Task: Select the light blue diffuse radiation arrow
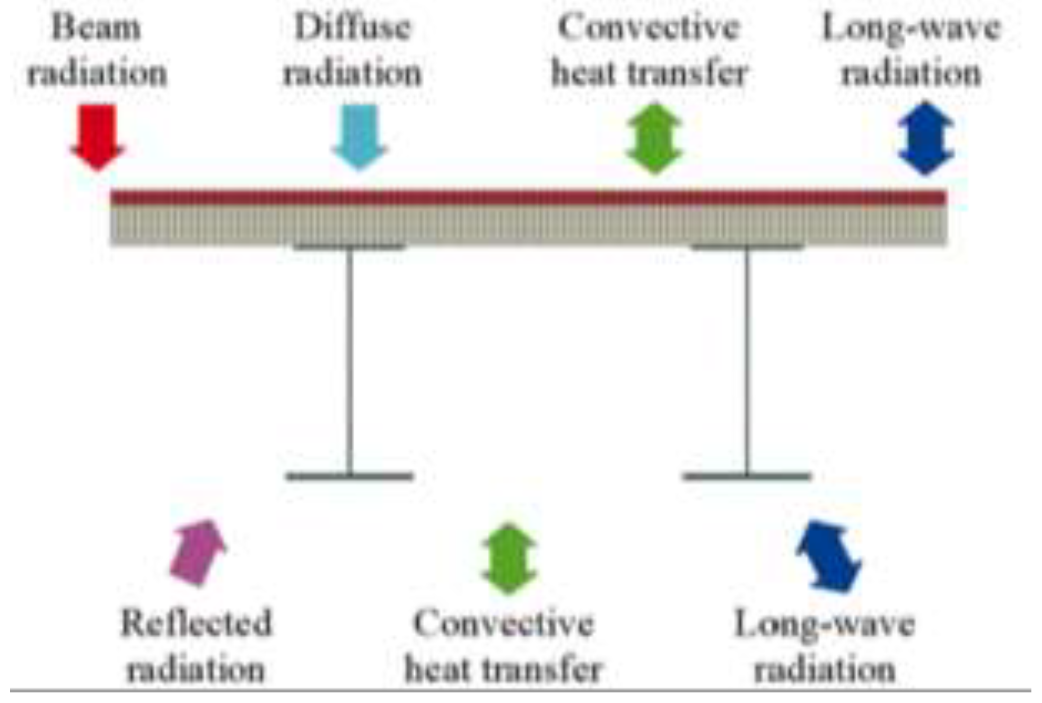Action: point(360,136)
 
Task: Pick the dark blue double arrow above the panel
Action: point(926,138)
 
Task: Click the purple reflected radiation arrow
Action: point(198,553)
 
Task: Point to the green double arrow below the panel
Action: point(509,558)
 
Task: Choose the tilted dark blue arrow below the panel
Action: point(829,556)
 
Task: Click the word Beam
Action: point(96,28)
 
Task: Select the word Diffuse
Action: point(352,28)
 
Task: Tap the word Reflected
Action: point(196,623)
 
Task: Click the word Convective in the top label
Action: point(649,28)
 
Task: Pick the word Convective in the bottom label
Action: point(504,623)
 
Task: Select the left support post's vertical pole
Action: point(349,360)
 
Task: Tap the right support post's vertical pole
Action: point(747,360)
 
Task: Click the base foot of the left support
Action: point(349,476)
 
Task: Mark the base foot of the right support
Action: point(747,476)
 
